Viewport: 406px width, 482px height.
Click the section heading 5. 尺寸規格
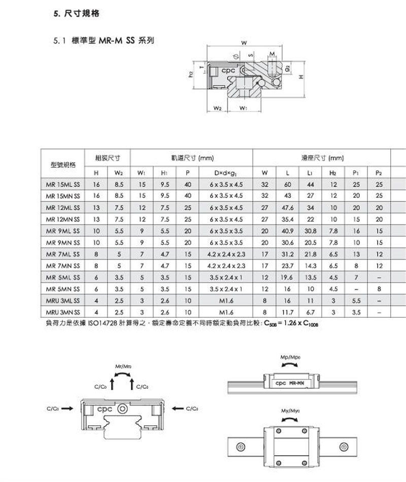(76, 15)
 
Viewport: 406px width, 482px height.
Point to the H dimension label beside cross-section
(301, 77)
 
